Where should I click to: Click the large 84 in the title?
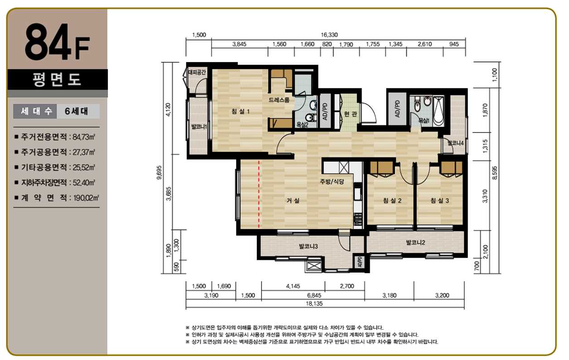click(x=48, y=42)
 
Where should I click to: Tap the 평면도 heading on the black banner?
click(x=57, y=79)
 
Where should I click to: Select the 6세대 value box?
click(x=78, y=111)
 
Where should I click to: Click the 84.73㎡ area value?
click(x=84, y=137)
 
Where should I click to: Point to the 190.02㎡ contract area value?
click(x=86, y=198)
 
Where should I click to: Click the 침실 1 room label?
click(x=240, y=111)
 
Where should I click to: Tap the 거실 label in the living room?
click(x=293, y=201)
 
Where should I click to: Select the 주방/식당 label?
click(x=332, y=182)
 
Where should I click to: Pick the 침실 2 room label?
click(x=392, y=201)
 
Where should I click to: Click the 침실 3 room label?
click(x=440, y=201)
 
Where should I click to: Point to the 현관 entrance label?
click(x=351, y=114)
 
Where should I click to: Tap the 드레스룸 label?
click(x=279, y=100)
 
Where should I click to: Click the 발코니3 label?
click(x=309, y=246)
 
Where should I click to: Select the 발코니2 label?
click(x=415, y=242)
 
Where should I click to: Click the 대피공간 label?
click(x=197, y=72)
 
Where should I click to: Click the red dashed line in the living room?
click(x=259, y=194)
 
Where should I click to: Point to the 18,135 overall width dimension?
click(x=314, y=303)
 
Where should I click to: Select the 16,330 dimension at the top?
click(x=329, y=35)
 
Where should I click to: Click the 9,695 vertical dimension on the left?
click(x=159, y=173)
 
